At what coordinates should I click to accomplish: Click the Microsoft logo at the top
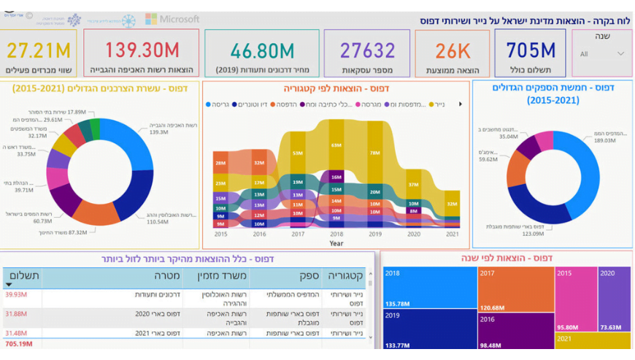point(172,19)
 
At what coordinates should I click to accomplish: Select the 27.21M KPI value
point(39,50)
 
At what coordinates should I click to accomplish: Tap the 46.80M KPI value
point(262,50)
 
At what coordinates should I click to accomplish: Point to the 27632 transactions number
point(367,50)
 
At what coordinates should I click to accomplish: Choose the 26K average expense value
point(453,51)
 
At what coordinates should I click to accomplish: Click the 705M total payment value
point(531,50)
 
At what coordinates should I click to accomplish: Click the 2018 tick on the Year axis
point(336,234)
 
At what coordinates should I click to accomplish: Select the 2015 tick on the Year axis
point(220,234)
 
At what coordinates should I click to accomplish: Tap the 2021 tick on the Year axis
point(453,234)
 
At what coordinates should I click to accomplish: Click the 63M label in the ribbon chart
point(336,145)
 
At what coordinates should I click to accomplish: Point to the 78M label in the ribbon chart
point(374,153)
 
